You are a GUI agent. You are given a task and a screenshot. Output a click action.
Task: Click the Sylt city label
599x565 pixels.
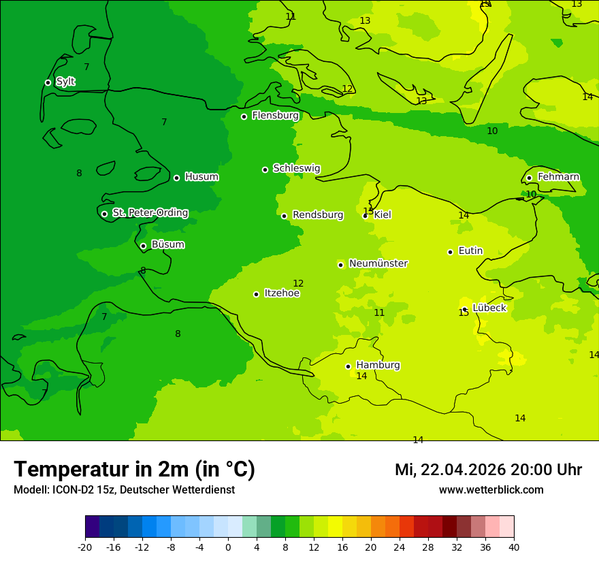pos(65,82)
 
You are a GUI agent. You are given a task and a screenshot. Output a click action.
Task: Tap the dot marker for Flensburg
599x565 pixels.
pos(244,116)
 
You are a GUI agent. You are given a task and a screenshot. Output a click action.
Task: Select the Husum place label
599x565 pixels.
pos(201,177)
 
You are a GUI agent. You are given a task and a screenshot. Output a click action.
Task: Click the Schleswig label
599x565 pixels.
pos(296,168)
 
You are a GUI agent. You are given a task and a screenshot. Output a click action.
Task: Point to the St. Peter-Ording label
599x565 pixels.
pos(150,212)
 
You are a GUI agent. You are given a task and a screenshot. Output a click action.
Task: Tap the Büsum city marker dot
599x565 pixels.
pos(143,246)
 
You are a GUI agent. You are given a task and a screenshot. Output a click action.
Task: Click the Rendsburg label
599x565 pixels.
pos(318,215)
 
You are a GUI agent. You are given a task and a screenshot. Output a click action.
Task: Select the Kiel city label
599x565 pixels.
pos(383,214)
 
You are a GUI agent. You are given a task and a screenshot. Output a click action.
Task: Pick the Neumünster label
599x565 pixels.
pos(378,263)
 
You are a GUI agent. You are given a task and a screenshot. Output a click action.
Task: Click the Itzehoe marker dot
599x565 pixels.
pos(256,294)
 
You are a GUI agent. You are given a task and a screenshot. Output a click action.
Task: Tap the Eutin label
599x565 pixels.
pos(470,251)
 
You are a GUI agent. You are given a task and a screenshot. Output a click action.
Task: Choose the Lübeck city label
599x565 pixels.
pos(489,308)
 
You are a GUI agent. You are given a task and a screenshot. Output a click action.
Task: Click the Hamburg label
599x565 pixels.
pos(378,365)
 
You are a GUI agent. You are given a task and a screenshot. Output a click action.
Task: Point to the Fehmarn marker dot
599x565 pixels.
pos(529,178)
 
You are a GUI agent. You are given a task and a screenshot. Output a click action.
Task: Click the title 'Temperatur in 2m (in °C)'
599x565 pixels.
pos(134,470)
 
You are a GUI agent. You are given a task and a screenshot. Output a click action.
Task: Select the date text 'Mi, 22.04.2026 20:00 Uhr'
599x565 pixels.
pos(488,470)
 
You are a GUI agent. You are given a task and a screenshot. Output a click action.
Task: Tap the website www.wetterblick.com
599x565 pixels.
pos(491,490)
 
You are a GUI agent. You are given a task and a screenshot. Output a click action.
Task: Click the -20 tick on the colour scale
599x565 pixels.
pos(85,547)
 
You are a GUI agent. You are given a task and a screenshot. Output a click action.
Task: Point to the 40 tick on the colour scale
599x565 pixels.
pos(514,547)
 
